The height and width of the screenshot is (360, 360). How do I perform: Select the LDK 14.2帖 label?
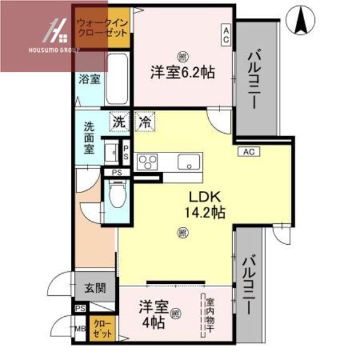(x=206, y=204)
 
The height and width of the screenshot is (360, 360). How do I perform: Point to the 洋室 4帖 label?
(x=155, y=312)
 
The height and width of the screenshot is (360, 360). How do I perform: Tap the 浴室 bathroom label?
(x=89, y=78)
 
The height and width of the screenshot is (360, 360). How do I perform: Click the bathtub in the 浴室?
(x=116, y=79)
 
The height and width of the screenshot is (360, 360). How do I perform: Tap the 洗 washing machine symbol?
(x=120, y=121)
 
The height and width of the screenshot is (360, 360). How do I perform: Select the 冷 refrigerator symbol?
(x=145, y=121)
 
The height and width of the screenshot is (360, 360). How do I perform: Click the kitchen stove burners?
(x=148, y=162)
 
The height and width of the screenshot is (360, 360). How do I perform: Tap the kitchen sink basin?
(x=190, y=162)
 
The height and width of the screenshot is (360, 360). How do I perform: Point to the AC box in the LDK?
(x=249, y=152)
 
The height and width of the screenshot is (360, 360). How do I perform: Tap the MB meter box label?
(x=80, y=329)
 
